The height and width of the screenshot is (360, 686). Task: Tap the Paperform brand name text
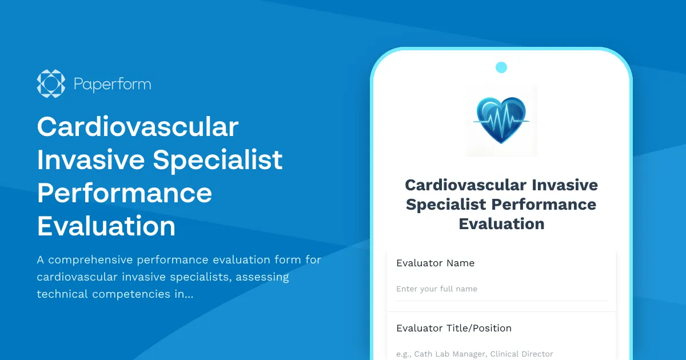[x=112, y=85]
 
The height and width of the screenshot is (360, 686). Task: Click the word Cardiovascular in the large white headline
[x=137, y=126]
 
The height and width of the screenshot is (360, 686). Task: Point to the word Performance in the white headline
[x=125, y=193]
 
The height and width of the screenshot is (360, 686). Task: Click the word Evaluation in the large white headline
[x=106, y=226]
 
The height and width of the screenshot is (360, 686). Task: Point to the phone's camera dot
[x=501, y=67]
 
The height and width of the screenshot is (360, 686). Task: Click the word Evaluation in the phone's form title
[x=501, y=223]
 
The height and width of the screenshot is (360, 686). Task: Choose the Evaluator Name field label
[x=435, y=263]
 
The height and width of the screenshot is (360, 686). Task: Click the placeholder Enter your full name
[x=437, y=289]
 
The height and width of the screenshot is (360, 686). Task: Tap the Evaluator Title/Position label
[x=453, y=329]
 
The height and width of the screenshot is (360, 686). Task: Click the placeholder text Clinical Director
[x=521, y=354]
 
